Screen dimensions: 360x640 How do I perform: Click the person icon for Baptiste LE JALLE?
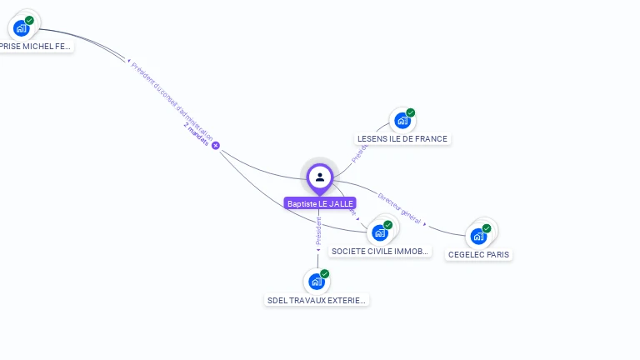[320, 177]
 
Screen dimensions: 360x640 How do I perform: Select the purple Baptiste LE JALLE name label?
[320, 203]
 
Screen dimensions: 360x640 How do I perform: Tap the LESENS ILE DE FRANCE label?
[402, 139]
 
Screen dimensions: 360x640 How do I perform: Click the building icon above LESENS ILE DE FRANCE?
[402, 120]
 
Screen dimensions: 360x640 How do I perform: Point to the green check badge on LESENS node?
[411, 112]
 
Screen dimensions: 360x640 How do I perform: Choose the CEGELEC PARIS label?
[478, 254]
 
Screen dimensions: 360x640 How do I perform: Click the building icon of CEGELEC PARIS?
[477, 236]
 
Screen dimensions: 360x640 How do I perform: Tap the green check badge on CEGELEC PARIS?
[487, 228]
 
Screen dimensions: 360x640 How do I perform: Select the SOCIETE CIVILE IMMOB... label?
[380, 251]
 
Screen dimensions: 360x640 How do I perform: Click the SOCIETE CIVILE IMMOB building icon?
[380, 232]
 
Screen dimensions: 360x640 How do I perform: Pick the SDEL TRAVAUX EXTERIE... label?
[317, 300]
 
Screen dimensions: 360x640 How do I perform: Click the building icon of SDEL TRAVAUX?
[316, 282]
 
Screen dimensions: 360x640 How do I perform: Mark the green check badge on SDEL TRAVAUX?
[325, 273]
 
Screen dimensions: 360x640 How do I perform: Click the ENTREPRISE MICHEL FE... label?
[35, 47]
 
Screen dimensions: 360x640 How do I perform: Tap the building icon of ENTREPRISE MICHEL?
[21, 28]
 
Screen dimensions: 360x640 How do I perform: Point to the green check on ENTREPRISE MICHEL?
[30, 20]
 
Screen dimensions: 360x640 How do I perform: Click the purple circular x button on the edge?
[216, 146]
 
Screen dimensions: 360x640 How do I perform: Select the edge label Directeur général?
[399, 208]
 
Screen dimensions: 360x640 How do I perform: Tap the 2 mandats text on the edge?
[197, 134]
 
